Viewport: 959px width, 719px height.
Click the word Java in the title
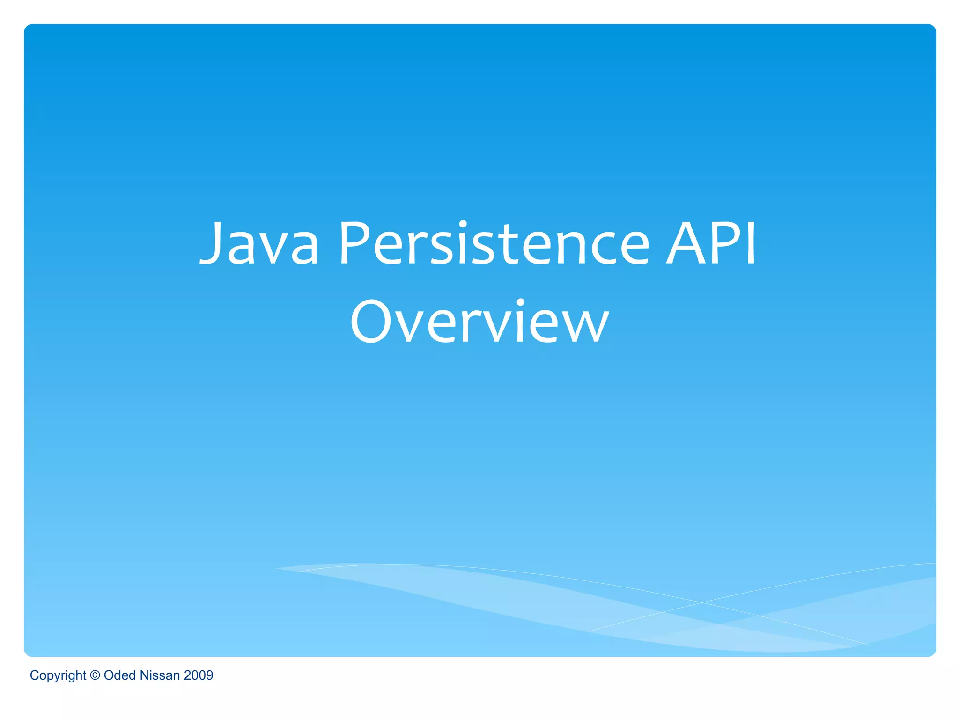click(x=259, y=243)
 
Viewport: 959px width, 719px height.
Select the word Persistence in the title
click(x=494, y=243)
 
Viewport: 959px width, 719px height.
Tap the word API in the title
click(x=711, y=243)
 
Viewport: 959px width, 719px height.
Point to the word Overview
click(x=479, y=322)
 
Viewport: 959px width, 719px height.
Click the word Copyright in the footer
click(x=58, y=675)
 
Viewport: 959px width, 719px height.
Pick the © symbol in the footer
click(x=95, y=675)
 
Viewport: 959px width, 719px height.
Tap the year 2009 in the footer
click(x=199, y=675)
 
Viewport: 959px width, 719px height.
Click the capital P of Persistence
click(x=355, y=243)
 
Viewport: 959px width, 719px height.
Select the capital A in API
click(x=686, y=243)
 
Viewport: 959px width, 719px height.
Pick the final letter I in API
click(x=751, y=243)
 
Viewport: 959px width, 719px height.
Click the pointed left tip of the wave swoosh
click(x=277, y=569)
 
